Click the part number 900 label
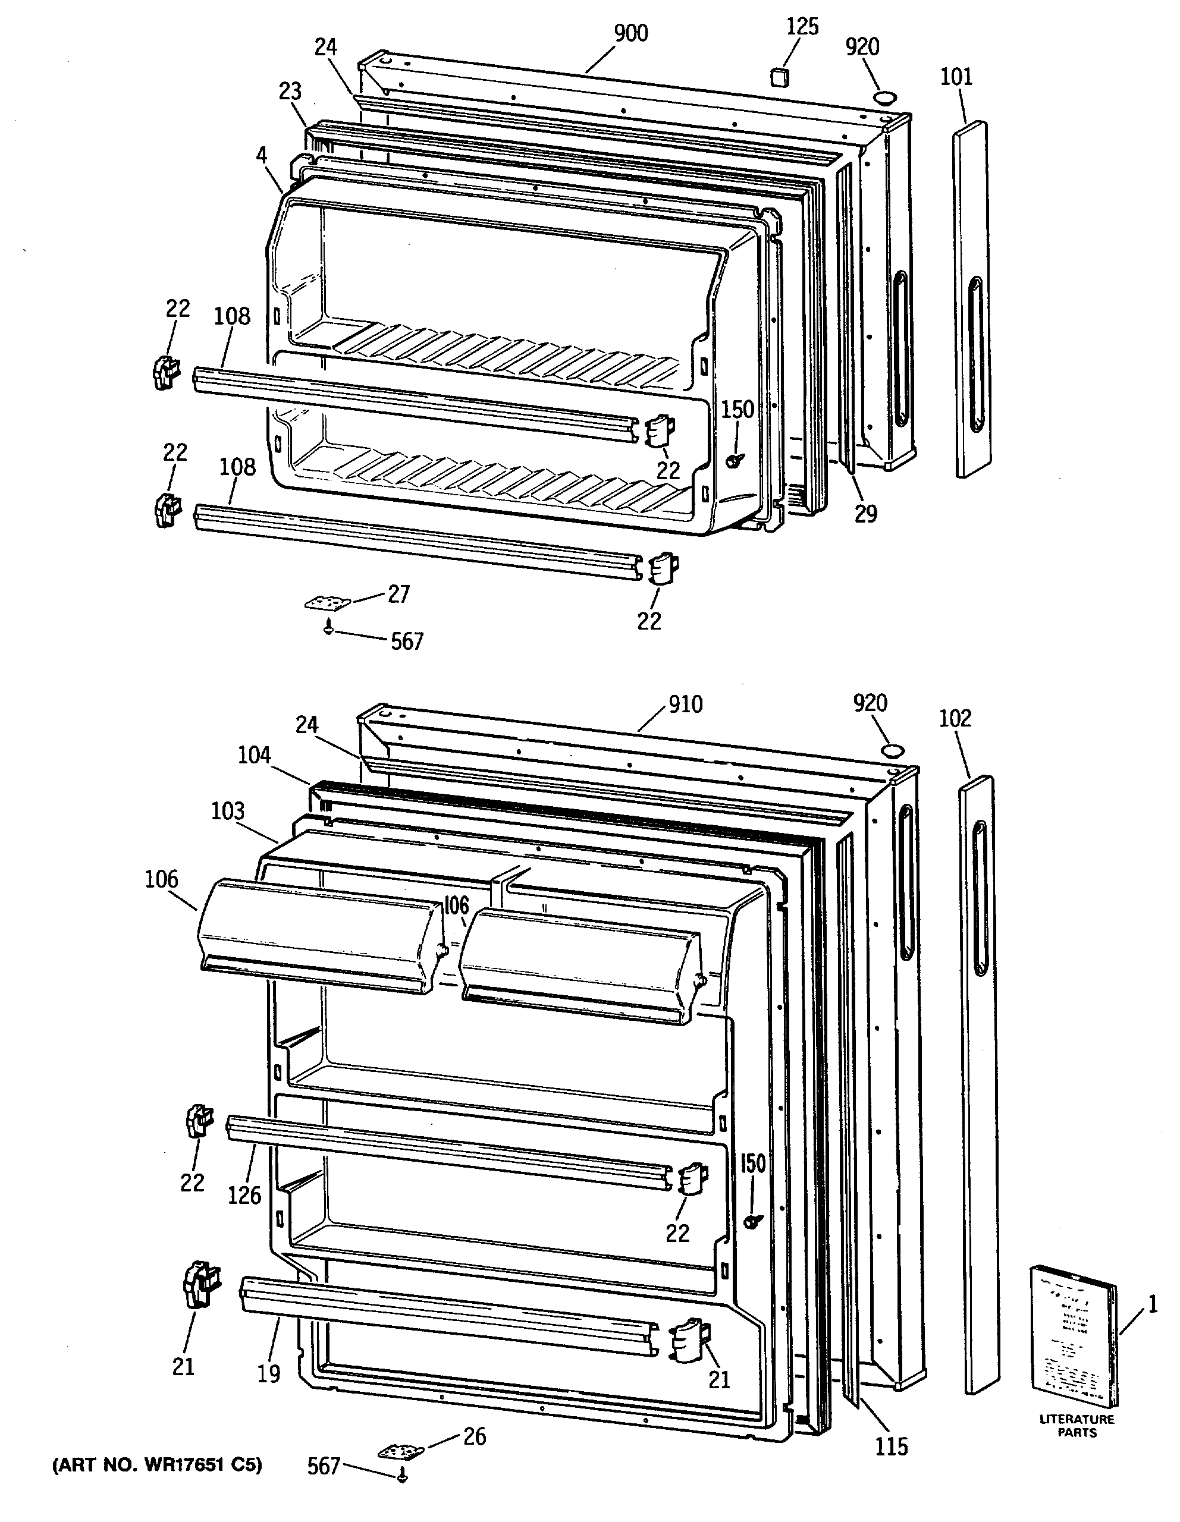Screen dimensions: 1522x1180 pyautogui.click(x=631, y=33)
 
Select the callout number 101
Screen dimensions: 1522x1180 pyautogui.click(x=956, y=77)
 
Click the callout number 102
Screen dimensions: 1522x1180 pyautogui.click(x=954, y=718)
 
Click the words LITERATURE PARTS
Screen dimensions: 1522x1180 pyautogui.click(x=1077, y=1426)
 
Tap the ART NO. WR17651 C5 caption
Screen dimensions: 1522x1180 pyautogui.click(x=158, y=1466)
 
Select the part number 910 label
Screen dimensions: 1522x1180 pyautogui.click(x=685, y=705)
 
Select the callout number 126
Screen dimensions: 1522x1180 pyautogui.click(x=244, y=1195)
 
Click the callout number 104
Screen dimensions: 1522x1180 pyautogui.click(x=254, y=754)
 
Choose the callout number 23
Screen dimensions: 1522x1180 pyautogui.click(x=290, y=92)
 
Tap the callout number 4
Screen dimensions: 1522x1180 pyautogui.click(x=261, y=155)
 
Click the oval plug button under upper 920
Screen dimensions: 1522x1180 pyautogui.click(x=884, y=96)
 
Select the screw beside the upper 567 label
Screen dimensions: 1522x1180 pyautogui.click(x=328, y=629)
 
